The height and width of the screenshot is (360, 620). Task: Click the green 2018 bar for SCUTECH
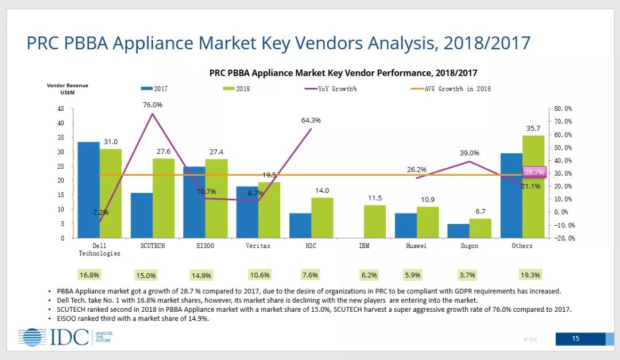click(x=164, y=198)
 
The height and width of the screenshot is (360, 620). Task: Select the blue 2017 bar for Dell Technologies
click(x=88, y=189)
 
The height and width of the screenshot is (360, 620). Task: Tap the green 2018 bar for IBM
click(x=375, y=221)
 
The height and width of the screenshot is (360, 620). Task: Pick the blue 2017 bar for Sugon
click(x=459, y=231)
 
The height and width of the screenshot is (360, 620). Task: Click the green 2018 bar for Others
click(x=533, y=187)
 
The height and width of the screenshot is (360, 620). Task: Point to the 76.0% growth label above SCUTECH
click(x=153, y=104)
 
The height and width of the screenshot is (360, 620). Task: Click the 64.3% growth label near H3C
click(x=311, y=121)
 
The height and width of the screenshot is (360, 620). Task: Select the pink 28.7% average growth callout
click(x=534, y=172)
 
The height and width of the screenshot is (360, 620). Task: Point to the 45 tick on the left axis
click(x=61, y=109)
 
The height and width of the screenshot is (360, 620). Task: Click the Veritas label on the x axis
click(x=258, y=246)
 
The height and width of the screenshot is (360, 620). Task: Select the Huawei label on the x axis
click(x=417, y=246)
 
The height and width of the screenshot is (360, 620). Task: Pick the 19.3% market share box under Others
click(x=528, y=275)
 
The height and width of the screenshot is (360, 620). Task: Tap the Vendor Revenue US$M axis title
click(x=68, y=88)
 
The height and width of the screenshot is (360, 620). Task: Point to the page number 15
click(x=576, y=339)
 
